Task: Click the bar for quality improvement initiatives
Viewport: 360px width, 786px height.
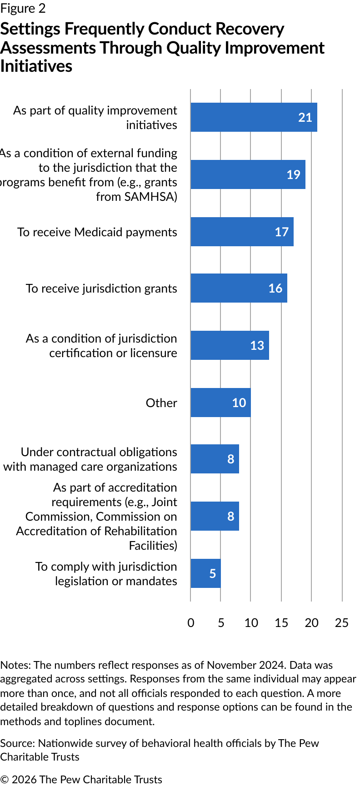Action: pyautogui.click(x=254, y=117)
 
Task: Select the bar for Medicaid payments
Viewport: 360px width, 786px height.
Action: pyautogui.click(x=242, y=232)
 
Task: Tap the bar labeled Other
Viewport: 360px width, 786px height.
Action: pyautogui.click(x=220, y=403)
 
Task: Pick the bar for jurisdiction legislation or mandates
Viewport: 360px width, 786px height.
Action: pyautogui.click(x=205, y=573)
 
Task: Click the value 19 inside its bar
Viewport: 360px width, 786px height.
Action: pyautogui.click(x=293, y=175)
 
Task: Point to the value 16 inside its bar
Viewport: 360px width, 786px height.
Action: pyautogui.click(x=275, y=288)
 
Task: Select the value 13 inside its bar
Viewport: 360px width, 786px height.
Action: pyautogui.click(x=257, y=346)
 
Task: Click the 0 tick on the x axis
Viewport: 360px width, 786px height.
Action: pyautogui.click(x=191, y=622)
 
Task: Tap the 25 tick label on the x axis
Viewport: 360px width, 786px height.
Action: pyautogui.click(x=341, y=622)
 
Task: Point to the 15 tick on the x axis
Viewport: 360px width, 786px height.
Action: pyautogui.click(x=281, y=622)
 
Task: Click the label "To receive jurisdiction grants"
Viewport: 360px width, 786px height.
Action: pyautogui.click(x=101, y=289)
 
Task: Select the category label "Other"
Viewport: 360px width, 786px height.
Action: pyautogui.click(x=161, y=403)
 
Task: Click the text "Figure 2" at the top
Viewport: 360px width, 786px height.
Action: pyautogui.click(x=23, y=9)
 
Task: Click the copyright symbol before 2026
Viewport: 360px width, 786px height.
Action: pyautogui.click(x=4, y=780)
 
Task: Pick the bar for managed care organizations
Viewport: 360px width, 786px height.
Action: pyautogui.click(x=215, y=459)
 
